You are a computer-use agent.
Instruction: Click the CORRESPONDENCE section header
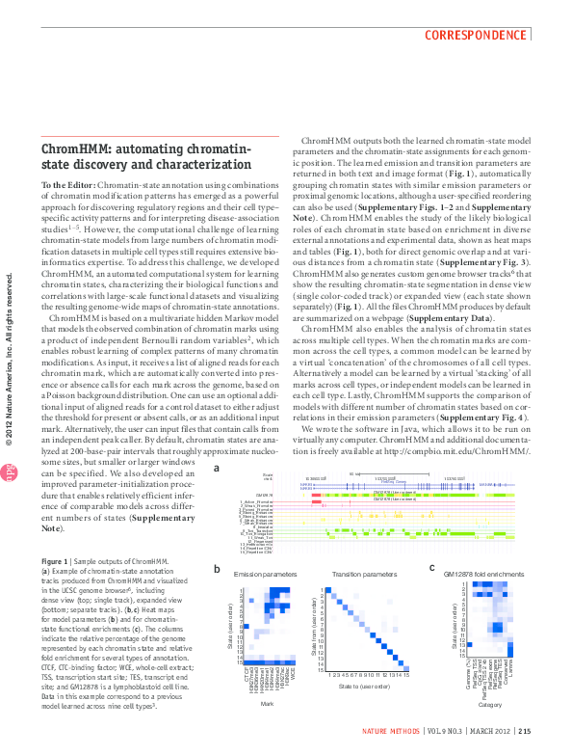(477, 35)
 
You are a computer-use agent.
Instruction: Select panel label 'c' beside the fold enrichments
(432, 568)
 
